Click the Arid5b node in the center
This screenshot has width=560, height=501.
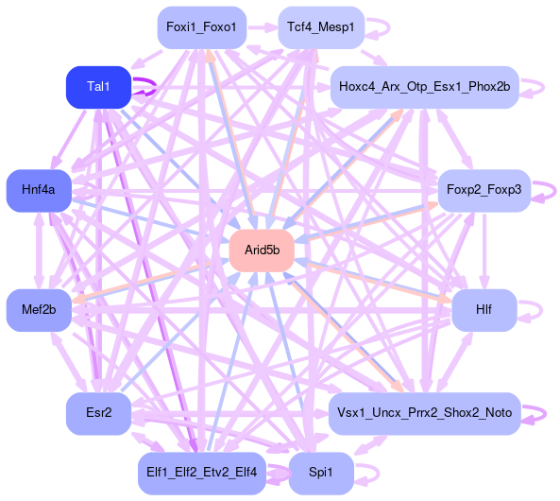click(262, 250)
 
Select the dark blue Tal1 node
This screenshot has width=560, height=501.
click(98, 87)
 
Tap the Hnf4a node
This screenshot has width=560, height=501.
click(39, 190)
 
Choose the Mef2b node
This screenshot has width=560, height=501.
click(39, 310)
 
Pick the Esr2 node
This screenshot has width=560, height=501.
click(98, 413)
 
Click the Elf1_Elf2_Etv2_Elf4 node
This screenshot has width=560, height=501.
click(202, 473)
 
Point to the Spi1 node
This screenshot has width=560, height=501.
click(321, 473)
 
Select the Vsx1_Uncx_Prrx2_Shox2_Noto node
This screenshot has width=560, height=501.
click(425, 413)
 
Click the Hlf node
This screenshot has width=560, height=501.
click(484, 310)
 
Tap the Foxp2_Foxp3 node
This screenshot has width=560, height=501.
click(484, 190)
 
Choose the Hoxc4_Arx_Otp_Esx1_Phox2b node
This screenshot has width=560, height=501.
click(425, 87)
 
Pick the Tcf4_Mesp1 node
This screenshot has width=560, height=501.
click(321, 27)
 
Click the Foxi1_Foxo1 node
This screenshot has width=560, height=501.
click(202, 27)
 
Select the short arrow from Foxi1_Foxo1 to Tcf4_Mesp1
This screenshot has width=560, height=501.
click(263, 27)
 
